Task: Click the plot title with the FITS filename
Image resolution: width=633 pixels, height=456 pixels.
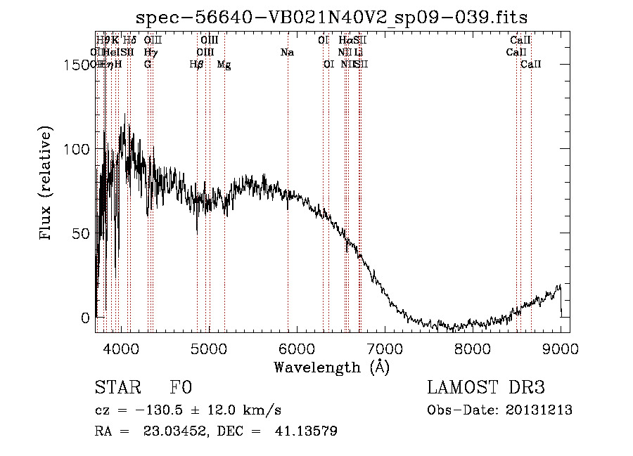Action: [x=331, y=17]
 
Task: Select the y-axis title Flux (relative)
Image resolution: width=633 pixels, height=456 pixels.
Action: [x=47, y=184]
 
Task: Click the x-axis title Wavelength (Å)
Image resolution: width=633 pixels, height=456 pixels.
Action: [x=331, y=367]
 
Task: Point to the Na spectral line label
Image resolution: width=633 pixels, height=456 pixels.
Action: [x=287, y=53]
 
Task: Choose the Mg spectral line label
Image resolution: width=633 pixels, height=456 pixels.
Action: [x=224, y=65]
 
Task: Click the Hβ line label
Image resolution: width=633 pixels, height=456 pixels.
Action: [x=197, y=65]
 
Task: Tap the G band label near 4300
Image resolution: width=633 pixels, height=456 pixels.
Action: [x=148, y=65]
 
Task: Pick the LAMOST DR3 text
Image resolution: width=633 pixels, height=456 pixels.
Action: [x=485, y=388]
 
